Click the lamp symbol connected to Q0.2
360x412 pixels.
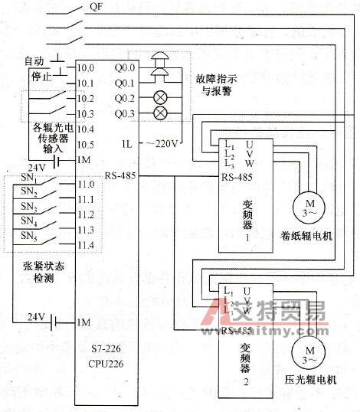click(x=161, y=98)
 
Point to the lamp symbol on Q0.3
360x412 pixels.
click(x=161, y=113)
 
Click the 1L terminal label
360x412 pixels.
click(x=126, y=143)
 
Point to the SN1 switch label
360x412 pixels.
click(x=28, y=181)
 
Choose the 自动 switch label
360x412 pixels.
click(x=34, y=60)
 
